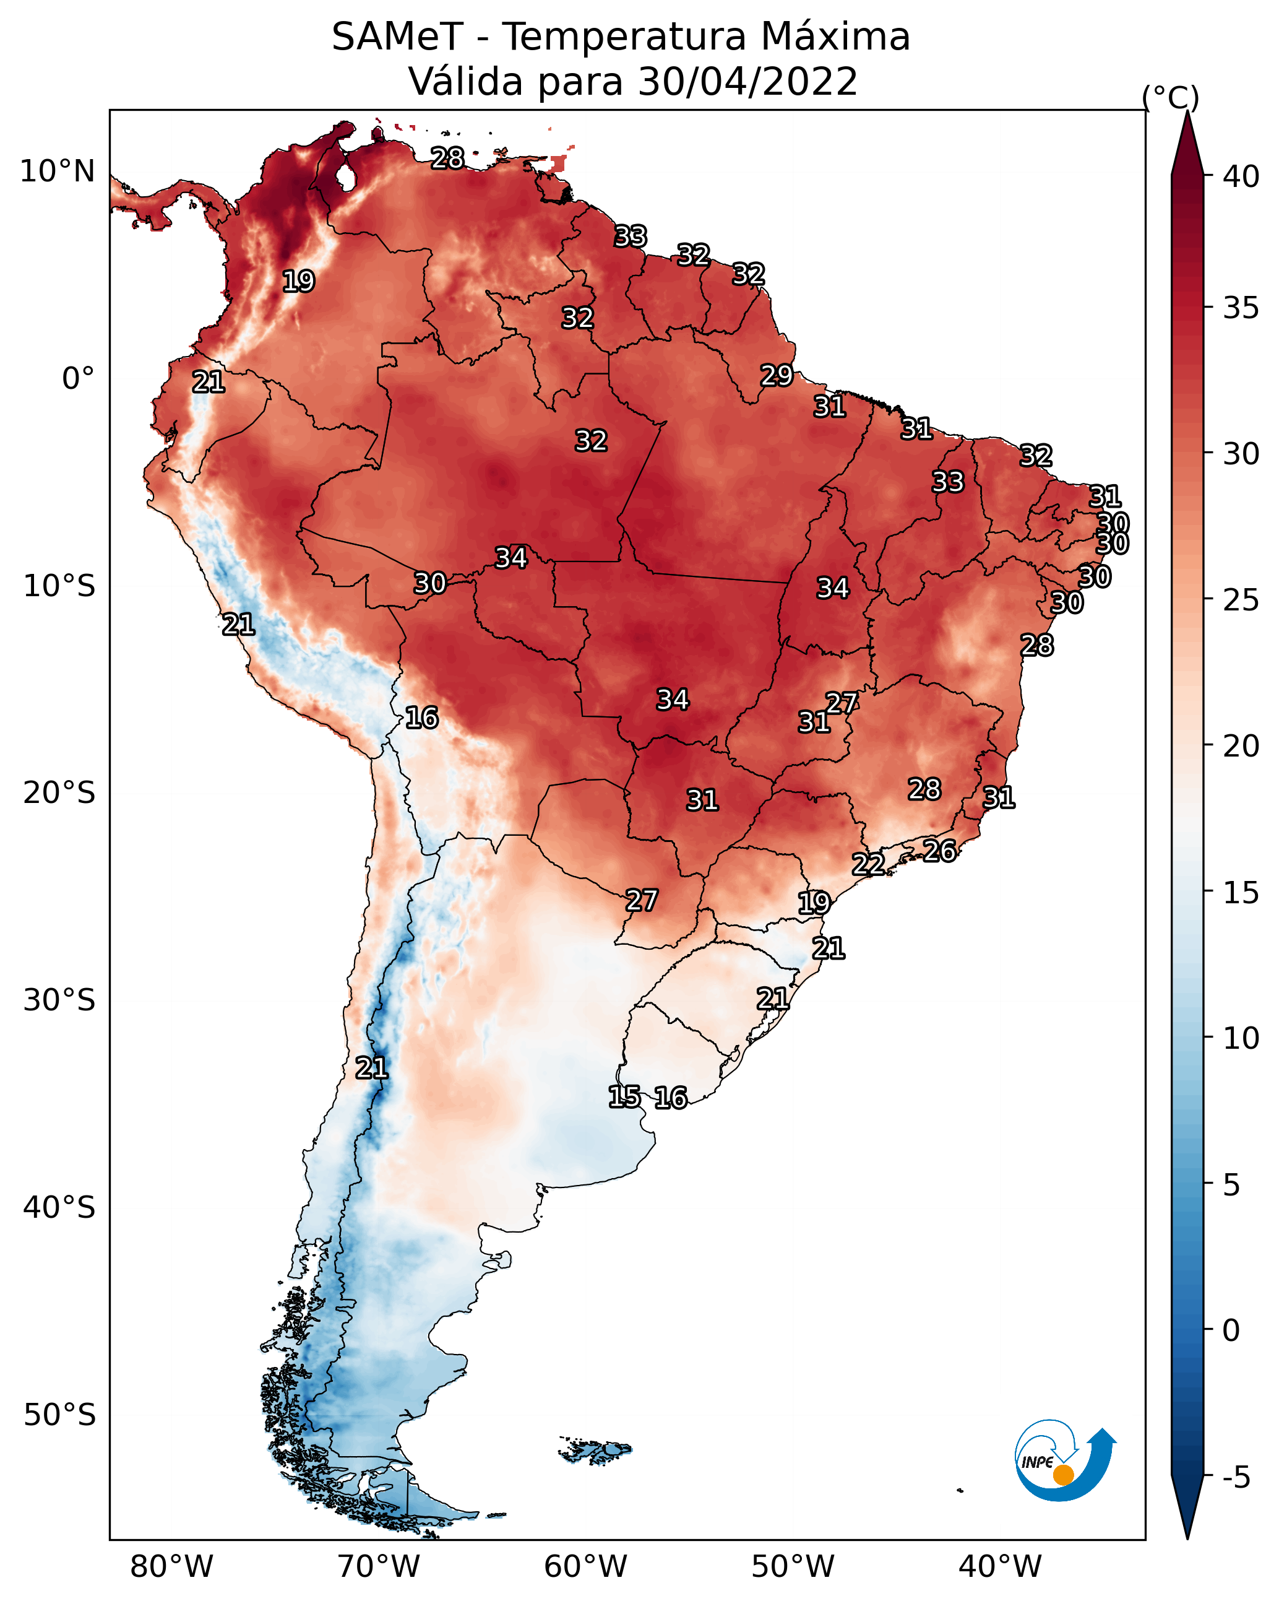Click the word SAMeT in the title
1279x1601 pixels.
tap(398, 37)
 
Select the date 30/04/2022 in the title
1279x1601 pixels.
tap(747, 82)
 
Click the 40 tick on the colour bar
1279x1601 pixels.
tap(1241, 176)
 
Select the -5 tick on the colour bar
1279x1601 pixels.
tap(1235, 1477)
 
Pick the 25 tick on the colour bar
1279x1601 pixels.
tap(1241, 600)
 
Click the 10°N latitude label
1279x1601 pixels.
tap(57, 171)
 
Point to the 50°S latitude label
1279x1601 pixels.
tap(59, 1415)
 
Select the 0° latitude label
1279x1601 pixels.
tap(79, 378)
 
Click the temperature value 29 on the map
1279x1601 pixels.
tap(777, 376)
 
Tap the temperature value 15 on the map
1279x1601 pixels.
tap(624, 1097)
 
